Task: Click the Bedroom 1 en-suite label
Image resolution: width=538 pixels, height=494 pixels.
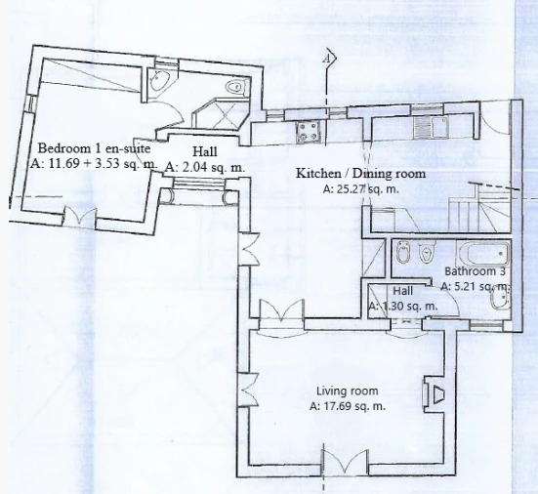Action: pos(94,148)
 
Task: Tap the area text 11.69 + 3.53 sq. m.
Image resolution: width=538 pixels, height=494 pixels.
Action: pos(94,163)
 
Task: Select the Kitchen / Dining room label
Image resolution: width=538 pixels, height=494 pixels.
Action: pos(360,173)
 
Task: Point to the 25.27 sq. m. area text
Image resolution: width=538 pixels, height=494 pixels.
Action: pos(361,188)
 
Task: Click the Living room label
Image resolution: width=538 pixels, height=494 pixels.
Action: pos(348,391)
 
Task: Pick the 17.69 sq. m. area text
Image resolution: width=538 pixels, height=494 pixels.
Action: pos(348,406)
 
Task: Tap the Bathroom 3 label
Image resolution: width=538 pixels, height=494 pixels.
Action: pos(475,271)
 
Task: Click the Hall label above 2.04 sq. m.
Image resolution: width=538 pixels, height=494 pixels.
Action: pos(205,151)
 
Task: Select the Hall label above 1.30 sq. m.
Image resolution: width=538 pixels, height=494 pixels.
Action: pos(402,291)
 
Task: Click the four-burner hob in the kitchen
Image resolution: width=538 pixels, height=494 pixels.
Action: pos(309,132)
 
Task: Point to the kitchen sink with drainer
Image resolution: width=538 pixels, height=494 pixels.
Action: pos(431,127)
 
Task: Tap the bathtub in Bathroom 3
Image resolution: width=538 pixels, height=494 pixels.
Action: pos(483,253)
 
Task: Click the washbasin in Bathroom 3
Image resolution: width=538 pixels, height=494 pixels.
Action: pos(500,299)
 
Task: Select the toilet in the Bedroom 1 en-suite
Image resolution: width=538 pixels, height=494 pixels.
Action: pos(236,86)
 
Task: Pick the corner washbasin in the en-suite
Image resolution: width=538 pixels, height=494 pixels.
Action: pos(159,81)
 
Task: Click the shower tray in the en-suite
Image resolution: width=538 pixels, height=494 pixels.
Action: pos(222,113)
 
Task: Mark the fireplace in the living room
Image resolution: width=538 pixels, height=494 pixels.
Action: pos(435,393)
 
